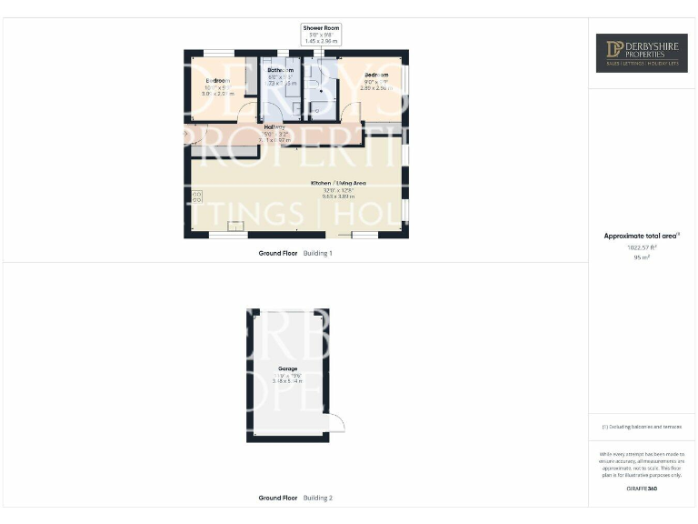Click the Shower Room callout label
(x=320, y=28)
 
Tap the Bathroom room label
(x=280, y=70)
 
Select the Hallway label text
(x=274, y=126)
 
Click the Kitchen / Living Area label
(x=338, y=184)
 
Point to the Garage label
(x=288, y=368)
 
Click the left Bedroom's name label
(x=217, y=81)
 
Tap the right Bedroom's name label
(x=377, y=75)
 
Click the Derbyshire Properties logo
(x=642, y=53)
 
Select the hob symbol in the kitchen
(x=197, y=197)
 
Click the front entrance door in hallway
(x=195, y=136)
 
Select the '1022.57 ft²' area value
(x=642, y=247)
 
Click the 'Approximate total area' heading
(x=642, y=236)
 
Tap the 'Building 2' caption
(x=318, y=498)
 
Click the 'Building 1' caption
(x=318, y=253)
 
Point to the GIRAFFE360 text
(x=642, y=489)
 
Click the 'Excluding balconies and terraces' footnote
(x=642, y=427)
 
